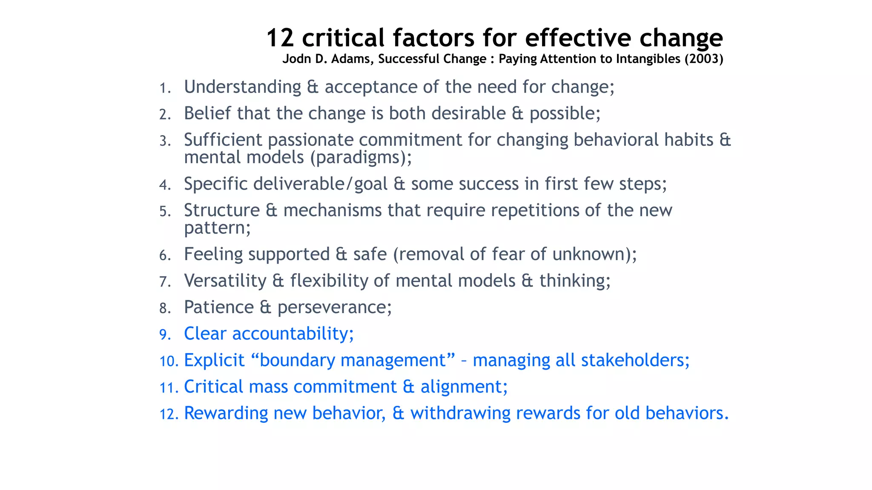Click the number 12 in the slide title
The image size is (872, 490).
click(x=280, y=38)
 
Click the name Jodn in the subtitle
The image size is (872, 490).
click(x=297, y=59)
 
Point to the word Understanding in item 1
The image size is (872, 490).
click(x=242, y=87)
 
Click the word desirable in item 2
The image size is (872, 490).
click(x=468, y=114)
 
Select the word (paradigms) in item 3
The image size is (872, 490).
click(x=361, y=158)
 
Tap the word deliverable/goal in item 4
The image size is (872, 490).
click(x=320, y=184)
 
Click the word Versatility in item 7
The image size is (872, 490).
click(x=225, y=281)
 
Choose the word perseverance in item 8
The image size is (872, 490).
click(x=334, y=308)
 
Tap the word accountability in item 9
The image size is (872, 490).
click(x=293, y=334)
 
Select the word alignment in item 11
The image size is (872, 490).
click(x=464, y=387)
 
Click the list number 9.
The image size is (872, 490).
click(x=165, y=335)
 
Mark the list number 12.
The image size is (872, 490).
click(x=169, y=414)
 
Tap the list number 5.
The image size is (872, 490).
click(x=165, y=211)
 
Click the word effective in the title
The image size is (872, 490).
click(x=578, y=38)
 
